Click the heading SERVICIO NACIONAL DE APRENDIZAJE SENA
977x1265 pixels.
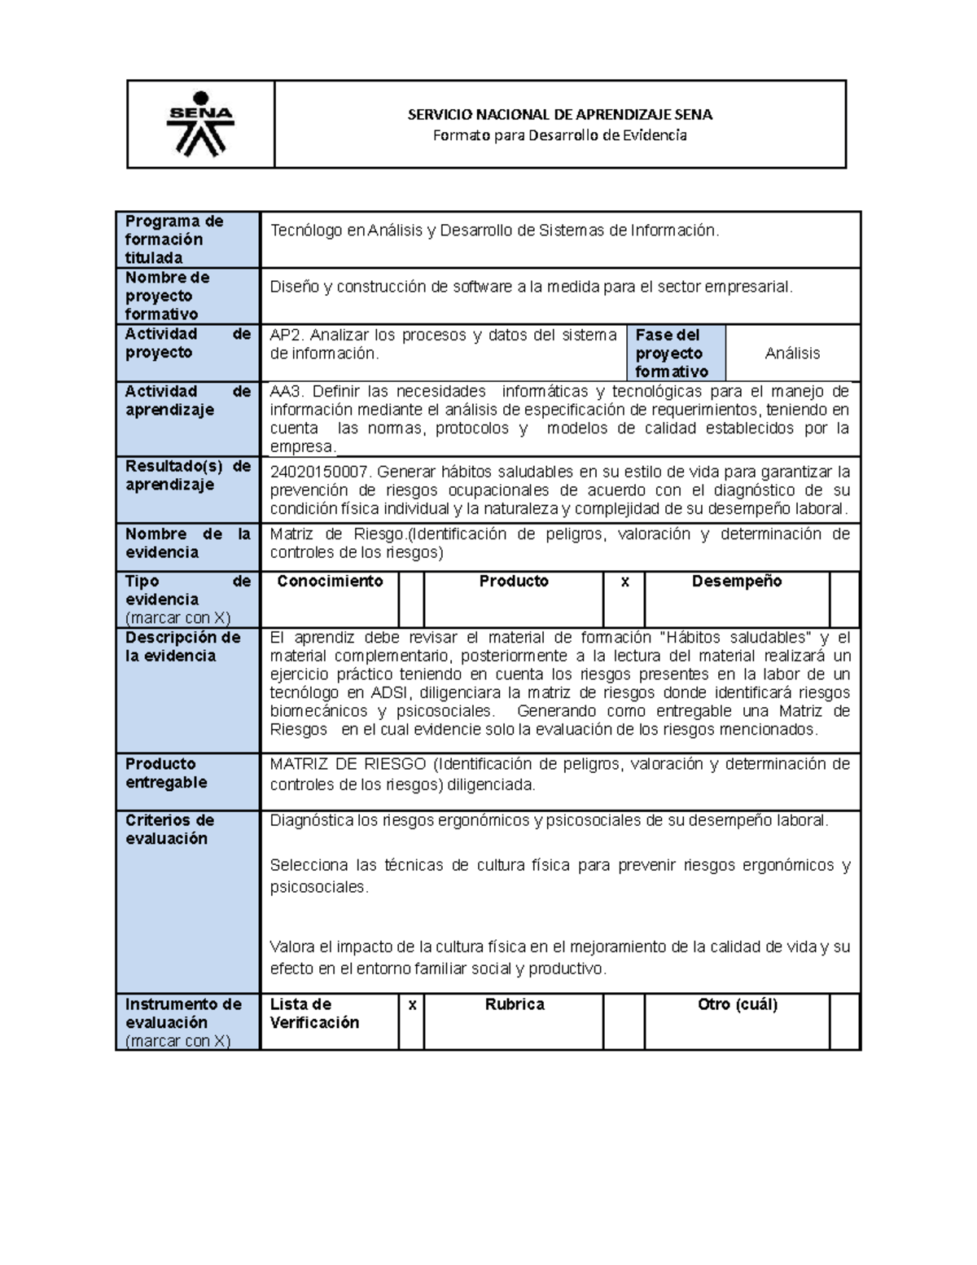tap(559, 115)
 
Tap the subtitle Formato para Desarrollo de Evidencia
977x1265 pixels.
tap(559, 135)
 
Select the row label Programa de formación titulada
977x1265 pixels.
tap(173, 239)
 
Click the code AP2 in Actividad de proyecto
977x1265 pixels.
tap(286, 335)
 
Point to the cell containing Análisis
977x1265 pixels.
tap(792, 354)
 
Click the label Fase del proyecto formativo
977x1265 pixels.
tap(669, 354)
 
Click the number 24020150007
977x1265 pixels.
tap(319, 472)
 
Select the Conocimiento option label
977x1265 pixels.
tap(330, 582)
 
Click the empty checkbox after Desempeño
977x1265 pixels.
tap(844, 599)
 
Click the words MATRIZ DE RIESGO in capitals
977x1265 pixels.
tap(348, 764)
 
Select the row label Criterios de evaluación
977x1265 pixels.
tap(169, 829)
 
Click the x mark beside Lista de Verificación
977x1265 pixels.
tap(412, 1005)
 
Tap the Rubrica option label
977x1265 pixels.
tap(515, 1004)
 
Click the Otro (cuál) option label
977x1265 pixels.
tap(737, 1004)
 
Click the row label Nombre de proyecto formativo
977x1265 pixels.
tap(167, 296)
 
